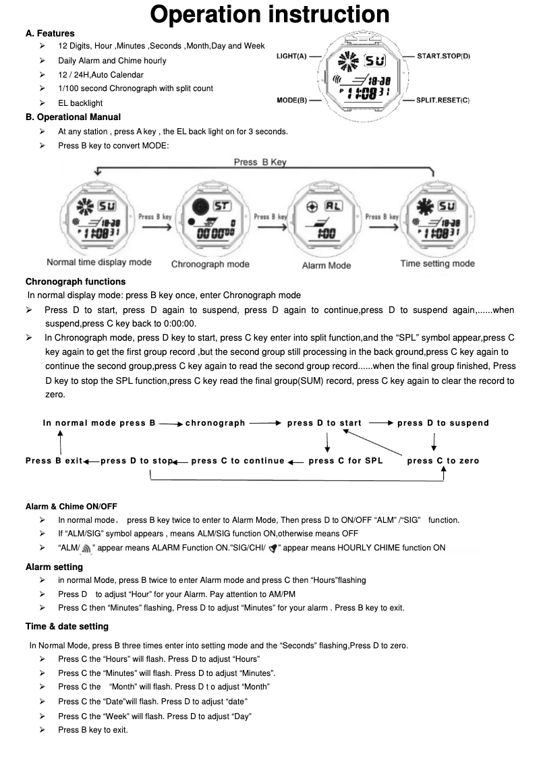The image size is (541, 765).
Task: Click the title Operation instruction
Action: point(270,14)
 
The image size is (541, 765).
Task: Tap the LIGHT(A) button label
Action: point(291,56)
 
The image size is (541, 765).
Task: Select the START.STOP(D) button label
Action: point(444,56)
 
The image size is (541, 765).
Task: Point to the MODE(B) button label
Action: point(292,101)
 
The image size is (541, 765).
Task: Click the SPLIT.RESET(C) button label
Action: point(443,101)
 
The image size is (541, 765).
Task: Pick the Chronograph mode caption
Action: point(210,264)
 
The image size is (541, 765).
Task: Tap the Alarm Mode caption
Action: point(326,265)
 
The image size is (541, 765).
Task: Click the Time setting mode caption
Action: point(438,264)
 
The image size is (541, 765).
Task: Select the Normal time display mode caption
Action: point(99,262)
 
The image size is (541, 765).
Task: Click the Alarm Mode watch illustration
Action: point(326,220)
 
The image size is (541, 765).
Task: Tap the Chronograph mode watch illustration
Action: point(211,220)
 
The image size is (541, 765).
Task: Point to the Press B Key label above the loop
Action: point(260,162)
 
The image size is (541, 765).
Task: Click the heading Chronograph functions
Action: point(76,281)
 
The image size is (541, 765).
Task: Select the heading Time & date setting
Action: point(67,627)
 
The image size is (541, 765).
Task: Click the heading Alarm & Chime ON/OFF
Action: point(72,507)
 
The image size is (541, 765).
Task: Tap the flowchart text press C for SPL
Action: point(345,461)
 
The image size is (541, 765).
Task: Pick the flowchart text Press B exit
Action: point(54,461)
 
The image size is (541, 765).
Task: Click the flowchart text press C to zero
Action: point(443,461)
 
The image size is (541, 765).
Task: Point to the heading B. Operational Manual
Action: point(73,117)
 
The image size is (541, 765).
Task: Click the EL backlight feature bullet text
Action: point(80,103)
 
